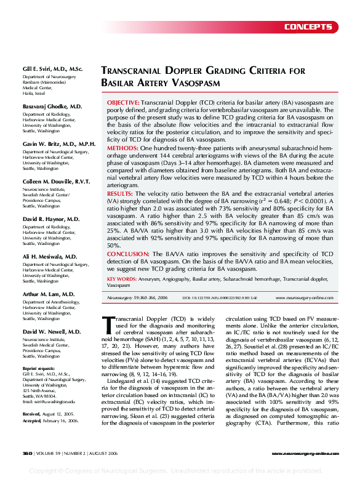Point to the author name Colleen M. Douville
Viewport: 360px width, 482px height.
tap(56, 182)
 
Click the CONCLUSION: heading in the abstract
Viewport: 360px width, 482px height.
tap(127, 254)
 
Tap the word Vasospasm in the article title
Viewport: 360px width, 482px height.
tap(187, 82)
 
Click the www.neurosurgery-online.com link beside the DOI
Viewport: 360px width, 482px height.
tap(304, 297)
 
